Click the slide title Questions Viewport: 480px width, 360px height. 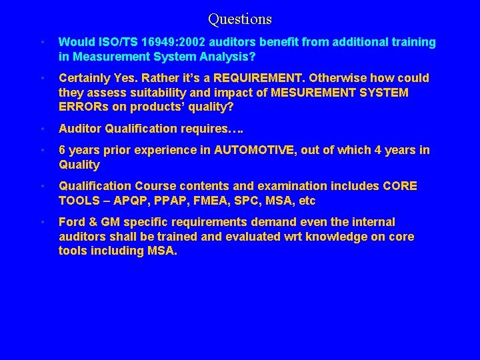(239, 19)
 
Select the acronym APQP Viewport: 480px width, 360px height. (133, 201)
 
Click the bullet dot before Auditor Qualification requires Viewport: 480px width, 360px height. (41, 129)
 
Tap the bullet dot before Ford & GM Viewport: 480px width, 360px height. (41, 222)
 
